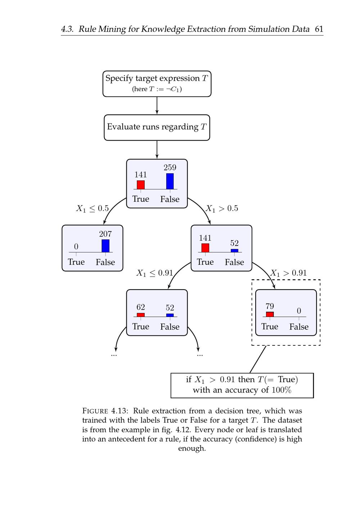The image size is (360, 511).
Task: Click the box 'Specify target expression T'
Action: tap(157, 84)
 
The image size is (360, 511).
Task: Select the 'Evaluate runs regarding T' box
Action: tap(157, 127)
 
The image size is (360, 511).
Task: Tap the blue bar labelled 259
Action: tap(170, 181)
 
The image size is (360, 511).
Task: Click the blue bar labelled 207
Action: tap(105, 246)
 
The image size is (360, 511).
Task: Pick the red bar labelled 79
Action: tap(270, 314)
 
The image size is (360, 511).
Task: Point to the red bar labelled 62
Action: tap(141, 315)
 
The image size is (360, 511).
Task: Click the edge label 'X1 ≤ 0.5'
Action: tap(92, 209)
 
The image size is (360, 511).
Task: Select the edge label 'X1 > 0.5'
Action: tap(222, 209)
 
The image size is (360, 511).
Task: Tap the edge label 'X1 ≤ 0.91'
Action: tap(154, 273)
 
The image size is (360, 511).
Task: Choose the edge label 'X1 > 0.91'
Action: tap(288, 273)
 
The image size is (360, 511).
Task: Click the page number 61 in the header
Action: tap(319, 29)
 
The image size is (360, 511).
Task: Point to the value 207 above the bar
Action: tap(105, 234)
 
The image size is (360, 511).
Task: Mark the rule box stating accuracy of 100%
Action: tap(242, 385)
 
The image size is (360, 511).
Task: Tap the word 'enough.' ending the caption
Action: tap(192, 448)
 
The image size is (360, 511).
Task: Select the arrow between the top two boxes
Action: tap(157, 106)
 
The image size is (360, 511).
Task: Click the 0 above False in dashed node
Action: tap(299, 311)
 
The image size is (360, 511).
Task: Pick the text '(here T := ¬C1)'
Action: tap(157, 89)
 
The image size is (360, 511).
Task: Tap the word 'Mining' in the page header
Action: tap(111, 29)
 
